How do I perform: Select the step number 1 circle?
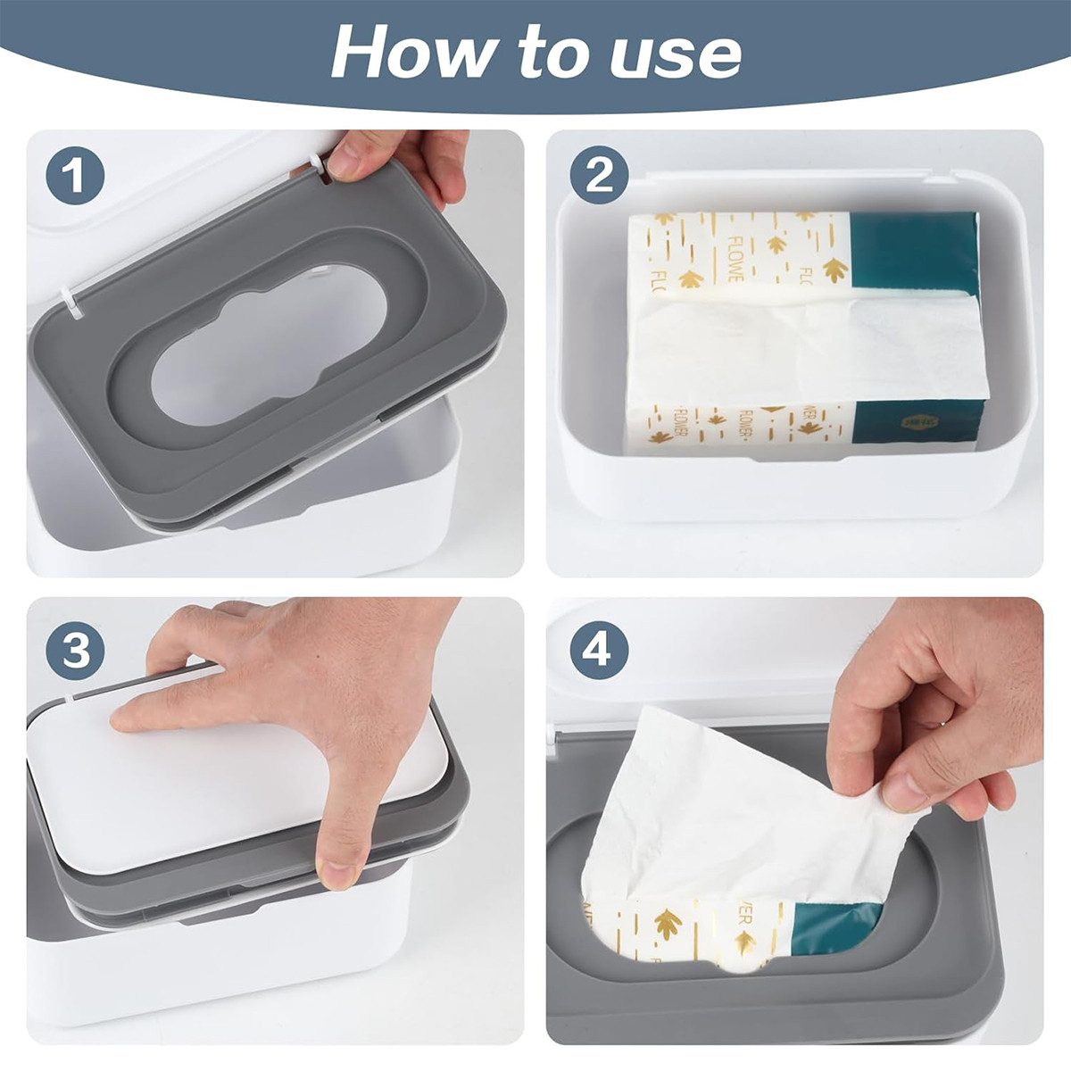click(x=76, y=176)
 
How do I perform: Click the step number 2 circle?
click(x=599, y=175)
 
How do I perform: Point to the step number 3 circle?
click(x=76, y=651)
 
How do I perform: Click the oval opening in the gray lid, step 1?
click(x=268, y=344)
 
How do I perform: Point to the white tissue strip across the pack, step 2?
click(x=803, y=348)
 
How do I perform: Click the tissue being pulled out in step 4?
click(x=714, y=803)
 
